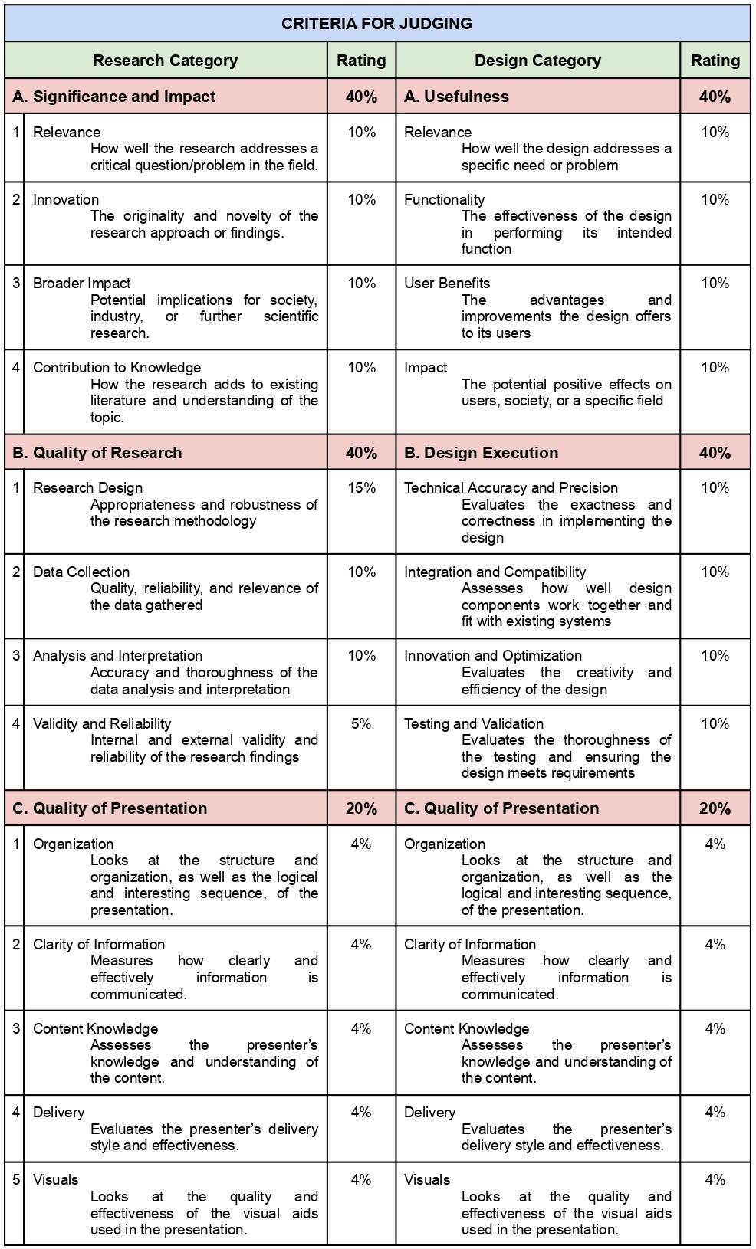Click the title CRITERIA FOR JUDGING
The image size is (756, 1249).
[376, 24]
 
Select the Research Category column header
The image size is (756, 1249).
[165, 61]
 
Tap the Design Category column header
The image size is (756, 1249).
[537, 61]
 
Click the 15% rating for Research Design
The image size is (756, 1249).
[361, 488]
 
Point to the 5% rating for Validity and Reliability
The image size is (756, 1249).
[361, 724]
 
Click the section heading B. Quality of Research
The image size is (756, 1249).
[97, 453]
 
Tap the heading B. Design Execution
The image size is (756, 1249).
[481, 453]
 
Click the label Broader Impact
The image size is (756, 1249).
[81, 284]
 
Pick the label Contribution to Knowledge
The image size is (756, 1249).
[117, 368]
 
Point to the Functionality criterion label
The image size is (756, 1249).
[444, 200]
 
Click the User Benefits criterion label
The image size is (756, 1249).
[447, 284]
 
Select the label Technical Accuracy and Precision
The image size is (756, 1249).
[511, 488]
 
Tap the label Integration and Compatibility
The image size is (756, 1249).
[495, 572]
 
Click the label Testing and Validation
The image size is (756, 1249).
[474, 724]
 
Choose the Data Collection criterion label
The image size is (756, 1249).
[81, 572]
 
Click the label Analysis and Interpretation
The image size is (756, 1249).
[117, 656]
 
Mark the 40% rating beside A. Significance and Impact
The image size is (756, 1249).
[361, 97]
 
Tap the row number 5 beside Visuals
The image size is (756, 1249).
[16, 1180]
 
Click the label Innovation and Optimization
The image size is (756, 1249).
[493, 656]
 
